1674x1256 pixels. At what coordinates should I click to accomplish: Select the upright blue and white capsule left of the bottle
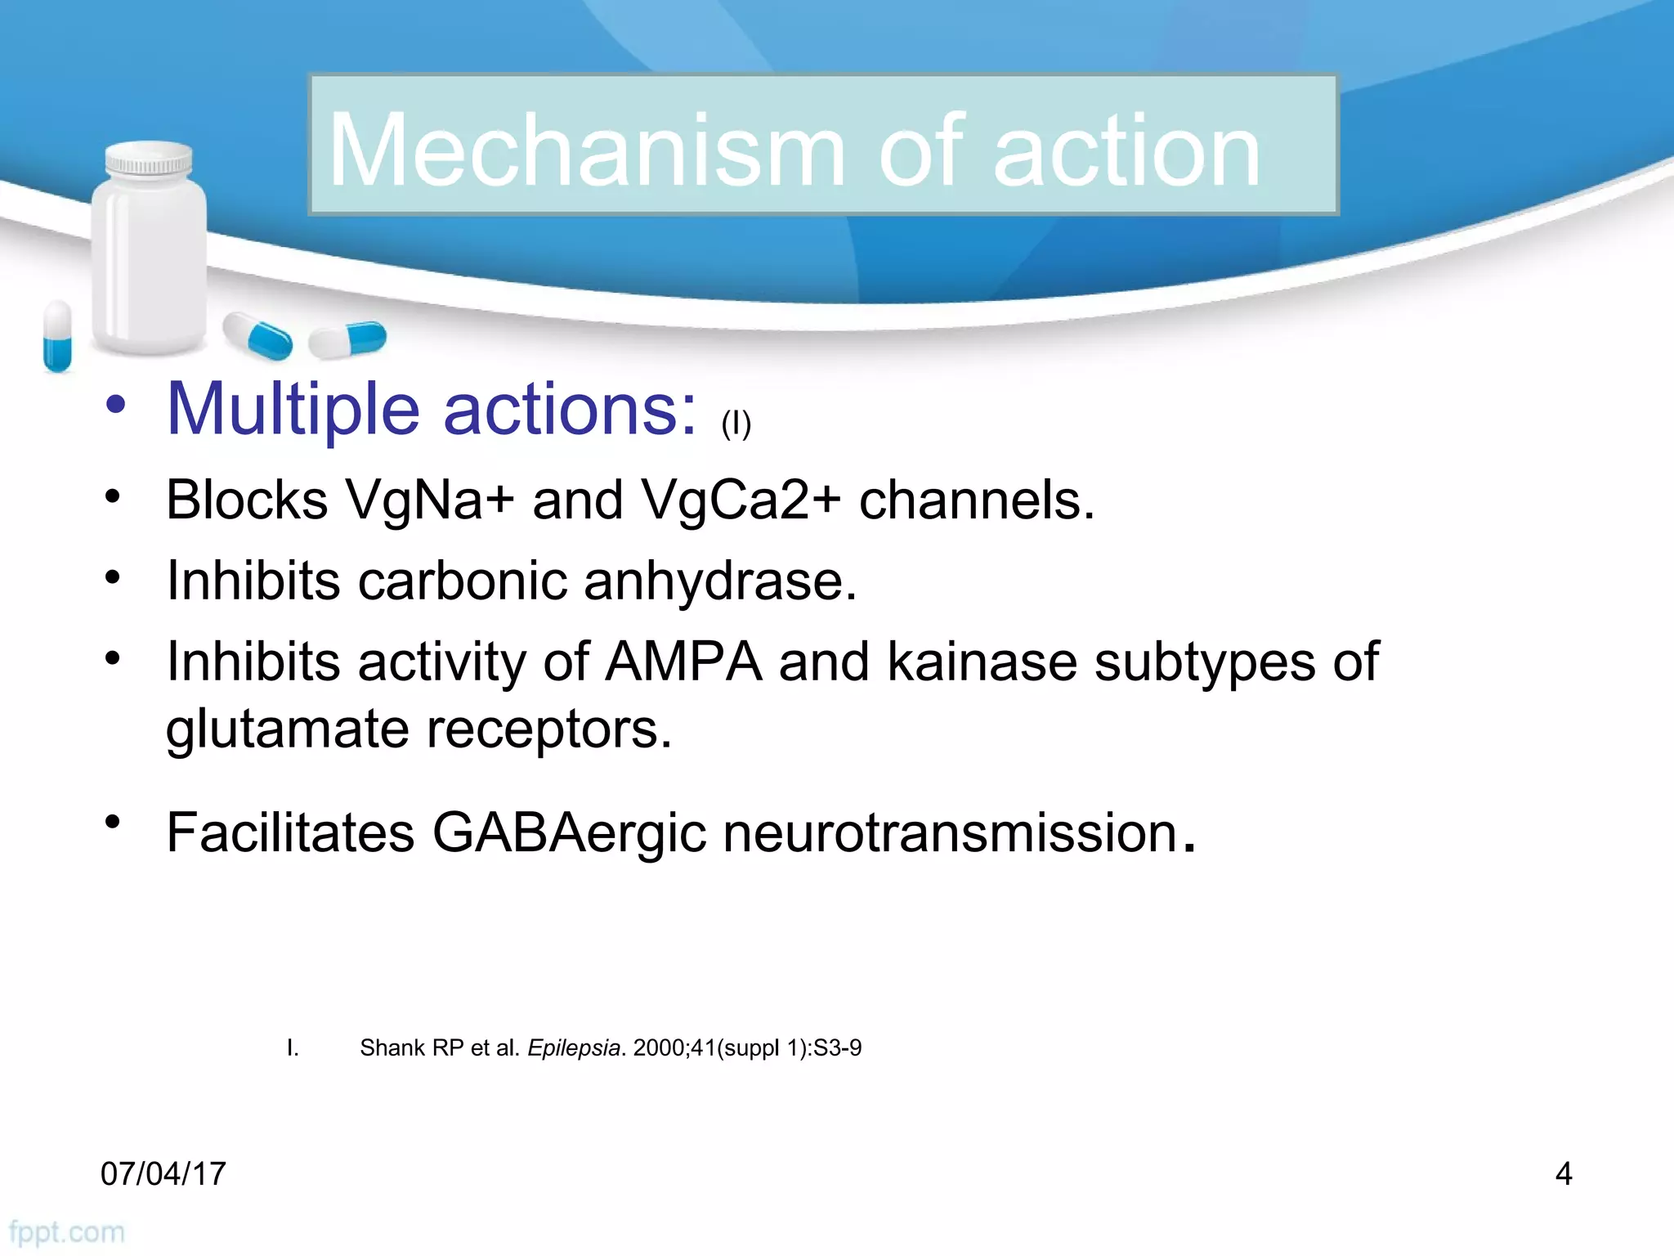pos(57,335)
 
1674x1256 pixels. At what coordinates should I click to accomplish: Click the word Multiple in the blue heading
pos(293,409)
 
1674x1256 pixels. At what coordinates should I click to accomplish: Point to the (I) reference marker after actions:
pos(736,424)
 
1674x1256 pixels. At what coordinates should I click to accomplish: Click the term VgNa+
pos(430,500)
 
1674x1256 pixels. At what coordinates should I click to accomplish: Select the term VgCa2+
pos(741,500)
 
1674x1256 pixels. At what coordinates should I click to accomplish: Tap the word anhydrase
pos(720,581)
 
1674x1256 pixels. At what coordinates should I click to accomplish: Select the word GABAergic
pos(569,833)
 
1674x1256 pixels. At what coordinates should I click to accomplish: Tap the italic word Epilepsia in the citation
pos(574,1048)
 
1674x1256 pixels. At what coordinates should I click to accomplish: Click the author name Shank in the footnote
pos(392,1048)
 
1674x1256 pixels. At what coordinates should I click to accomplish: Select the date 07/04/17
pos(163,1174)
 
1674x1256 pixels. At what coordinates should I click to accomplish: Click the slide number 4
pos(1563,1174)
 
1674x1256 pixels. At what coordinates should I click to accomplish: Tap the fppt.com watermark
pos(67,1232)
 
